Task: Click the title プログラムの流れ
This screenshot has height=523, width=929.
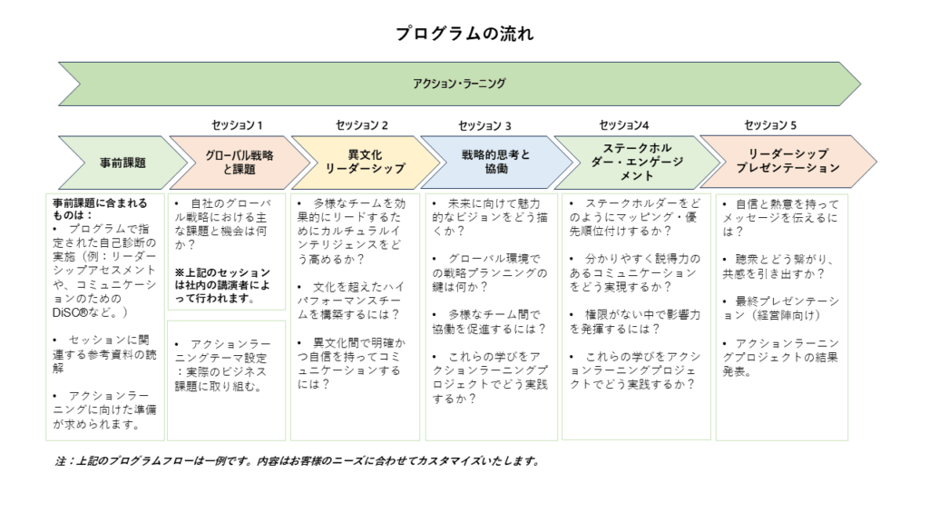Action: point(464,34)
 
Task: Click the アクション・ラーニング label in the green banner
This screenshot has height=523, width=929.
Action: point(459,84)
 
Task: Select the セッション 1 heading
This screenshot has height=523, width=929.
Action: point(237,125)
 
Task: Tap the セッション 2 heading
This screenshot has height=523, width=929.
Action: point(361,125)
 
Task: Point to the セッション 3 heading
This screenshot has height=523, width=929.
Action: point(484,125)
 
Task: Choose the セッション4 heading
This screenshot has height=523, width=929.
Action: point(624,125)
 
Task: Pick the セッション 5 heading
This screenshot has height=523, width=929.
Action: point(770,125)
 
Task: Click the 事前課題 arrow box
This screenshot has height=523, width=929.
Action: point(122,163)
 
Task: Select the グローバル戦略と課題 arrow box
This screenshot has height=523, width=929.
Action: point(240,163)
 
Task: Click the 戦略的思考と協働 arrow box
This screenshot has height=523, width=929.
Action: point(496,162)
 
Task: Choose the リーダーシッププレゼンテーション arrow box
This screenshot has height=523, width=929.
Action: point(788,162)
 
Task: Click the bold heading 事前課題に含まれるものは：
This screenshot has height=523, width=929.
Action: point(100,209)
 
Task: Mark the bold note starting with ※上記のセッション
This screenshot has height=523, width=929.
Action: point(222,286)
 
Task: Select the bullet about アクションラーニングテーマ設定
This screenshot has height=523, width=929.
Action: point(222,365)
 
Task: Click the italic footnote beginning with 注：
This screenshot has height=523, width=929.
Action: point(298,460)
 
